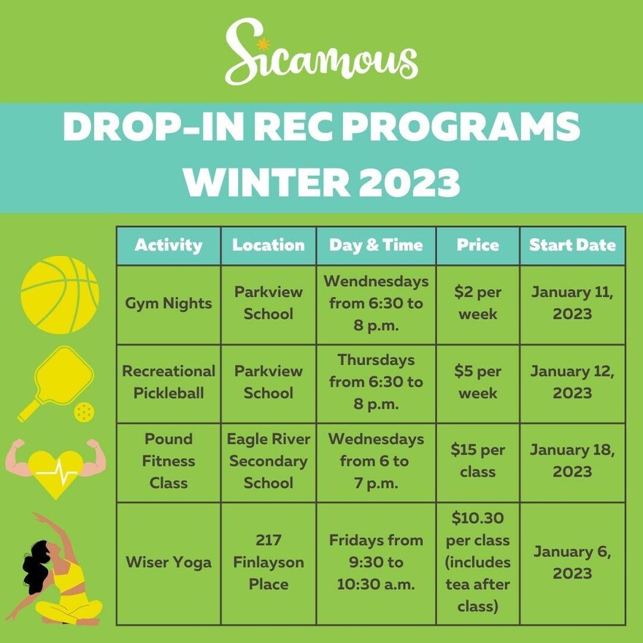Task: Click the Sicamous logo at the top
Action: click(x=321, y=51)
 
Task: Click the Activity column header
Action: click(x=169, y=245)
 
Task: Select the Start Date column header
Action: click(x=572, y=245)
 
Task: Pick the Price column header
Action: click(x=478, y=245)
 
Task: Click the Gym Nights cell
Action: click(x=169, y=304)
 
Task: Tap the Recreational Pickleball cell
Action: click(x=169, y=382)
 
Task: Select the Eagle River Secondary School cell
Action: click(x=269, y=461)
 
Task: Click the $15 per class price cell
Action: click(x=478, y=461)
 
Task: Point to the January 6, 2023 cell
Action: click(x=572, y=563)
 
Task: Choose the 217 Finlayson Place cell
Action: click(x=269, y=562)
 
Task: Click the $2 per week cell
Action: click(x=478, y=303)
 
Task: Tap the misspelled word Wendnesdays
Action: click(x=376, y=281)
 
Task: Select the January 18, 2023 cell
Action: click(x=572, y=461)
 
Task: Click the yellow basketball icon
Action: click(x=60, y=295)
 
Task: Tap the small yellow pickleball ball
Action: click(x=84, y=412)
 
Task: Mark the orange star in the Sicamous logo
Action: click(x=263, y=44)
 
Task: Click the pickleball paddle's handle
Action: click(x=29, y=409)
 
